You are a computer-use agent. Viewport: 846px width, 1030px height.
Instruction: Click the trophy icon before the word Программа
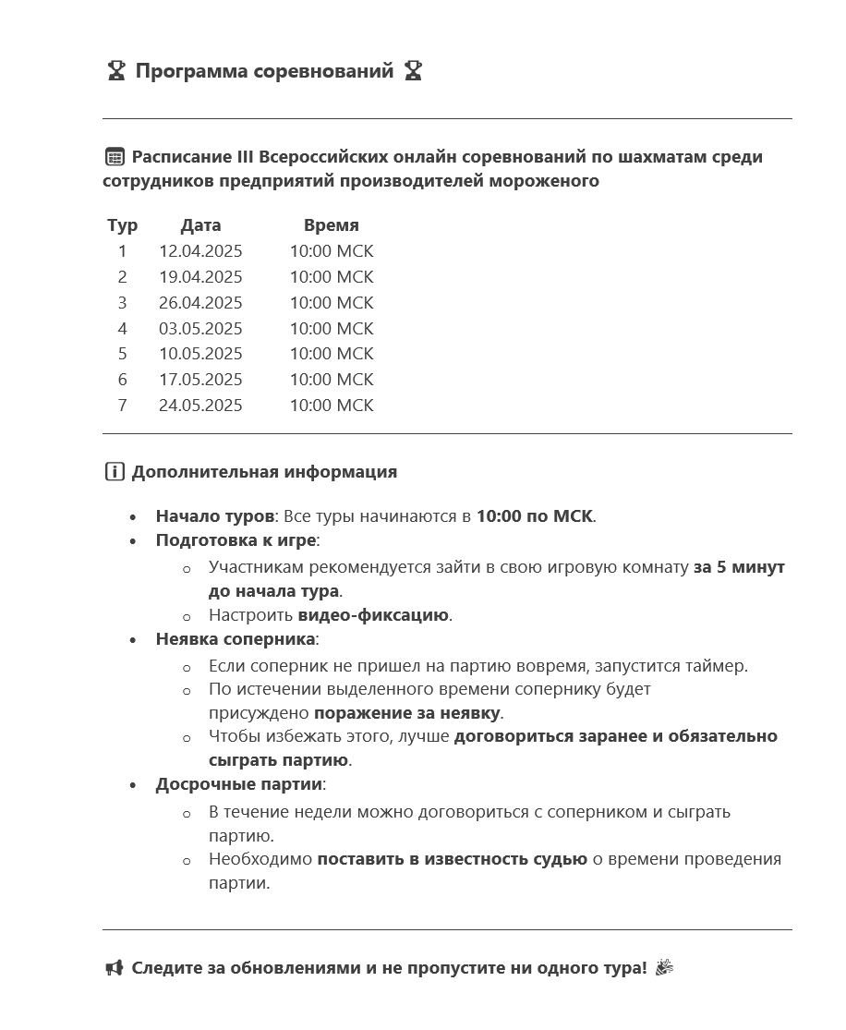[115, 71]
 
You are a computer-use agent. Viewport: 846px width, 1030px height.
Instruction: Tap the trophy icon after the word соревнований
[413, 71]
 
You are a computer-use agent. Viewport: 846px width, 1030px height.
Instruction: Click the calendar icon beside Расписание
[115, 157]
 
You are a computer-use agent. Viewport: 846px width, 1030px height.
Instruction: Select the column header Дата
[200, 225]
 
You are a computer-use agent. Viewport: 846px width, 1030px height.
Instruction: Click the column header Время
[331, 225]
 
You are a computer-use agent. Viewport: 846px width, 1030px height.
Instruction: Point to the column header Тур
[122, 225]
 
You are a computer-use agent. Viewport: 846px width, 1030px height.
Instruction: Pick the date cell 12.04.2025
[200, 251]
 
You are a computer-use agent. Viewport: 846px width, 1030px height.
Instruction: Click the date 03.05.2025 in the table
[200, 329]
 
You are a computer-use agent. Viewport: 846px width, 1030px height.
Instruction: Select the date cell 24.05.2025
[200, 406]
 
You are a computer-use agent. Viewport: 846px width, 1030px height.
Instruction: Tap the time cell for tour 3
[331, 303]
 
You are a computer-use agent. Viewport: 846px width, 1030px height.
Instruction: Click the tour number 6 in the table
[122, 380]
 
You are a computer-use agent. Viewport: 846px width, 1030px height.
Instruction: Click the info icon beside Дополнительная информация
[115, 472]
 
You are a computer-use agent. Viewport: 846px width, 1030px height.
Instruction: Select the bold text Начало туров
[214, 516]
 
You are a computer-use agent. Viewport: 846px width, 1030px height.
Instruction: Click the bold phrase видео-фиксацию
[373, 615]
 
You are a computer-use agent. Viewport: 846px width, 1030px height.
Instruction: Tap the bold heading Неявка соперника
[236, 639]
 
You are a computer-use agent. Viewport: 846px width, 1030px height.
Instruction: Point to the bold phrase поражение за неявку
[407, 713]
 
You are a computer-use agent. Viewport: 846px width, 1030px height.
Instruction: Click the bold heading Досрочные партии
[239, 784]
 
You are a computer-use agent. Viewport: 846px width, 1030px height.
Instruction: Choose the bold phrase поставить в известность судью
[452, 859]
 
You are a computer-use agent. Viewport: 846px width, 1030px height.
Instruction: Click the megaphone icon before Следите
[115, 968]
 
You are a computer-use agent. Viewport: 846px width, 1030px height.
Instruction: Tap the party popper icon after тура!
[664, 968]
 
